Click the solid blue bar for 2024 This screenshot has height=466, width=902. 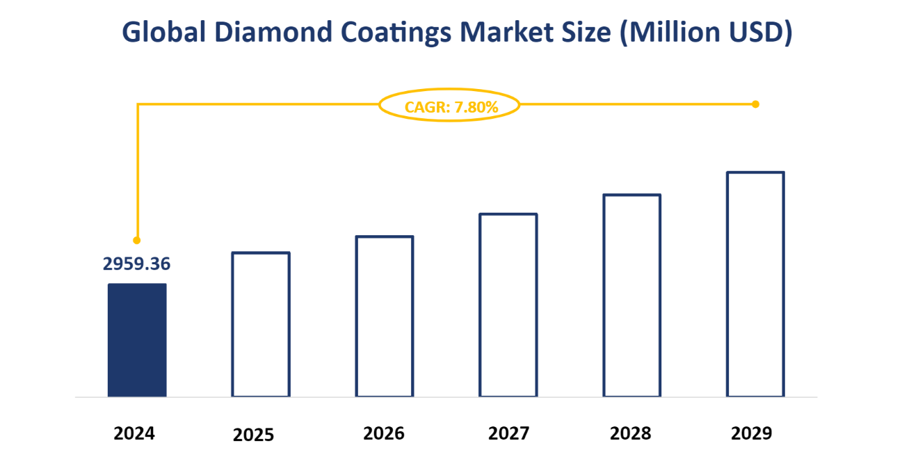[x=137, y=340]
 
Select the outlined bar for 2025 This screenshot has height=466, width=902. [x=261, y=324]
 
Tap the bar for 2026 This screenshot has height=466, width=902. [x=385, y=316]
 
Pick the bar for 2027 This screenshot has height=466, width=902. [x=508, y=305]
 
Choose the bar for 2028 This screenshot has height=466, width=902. [x=631, y=296]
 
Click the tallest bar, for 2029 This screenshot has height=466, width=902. [x=755, y=284]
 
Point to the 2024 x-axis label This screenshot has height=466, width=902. [x=135, y=434]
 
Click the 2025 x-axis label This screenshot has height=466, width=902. [x=254, y=435]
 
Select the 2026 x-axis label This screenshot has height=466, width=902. [x=383, y=434]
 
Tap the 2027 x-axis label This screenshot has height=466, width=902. [x=508, y=434]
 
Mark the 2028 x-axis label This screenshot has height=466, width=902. [x=631, y=434]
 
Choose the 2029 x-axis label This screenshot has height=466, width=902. [x=752, y=434]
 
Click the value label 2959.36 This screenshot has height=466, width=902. [x=137, y=264]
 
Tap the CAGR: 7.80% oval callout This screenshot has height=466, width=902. [x=449, y=106]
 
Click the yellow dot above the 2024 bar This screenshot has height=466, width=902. [x=137, y=240]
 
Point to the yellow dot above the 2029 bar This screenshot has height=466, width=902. [x=755, y=104]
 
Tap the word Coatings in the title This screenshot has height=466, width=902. [x=392, y=33]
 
